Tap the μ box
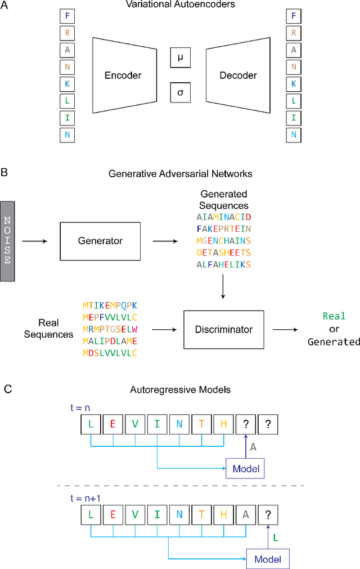(x=180, y=58)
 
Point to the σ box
(x=180, y=92)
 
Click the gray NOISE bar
(x=8, y=241)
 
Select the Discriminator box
(x=223, y=329)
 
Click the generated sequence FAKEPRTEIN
(x=224, y=229)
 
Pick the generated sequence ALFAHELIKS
(x=224, y=265)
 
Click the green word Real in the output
(x=334, y=316)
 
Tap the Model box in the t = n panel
(x=244, y=468)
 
